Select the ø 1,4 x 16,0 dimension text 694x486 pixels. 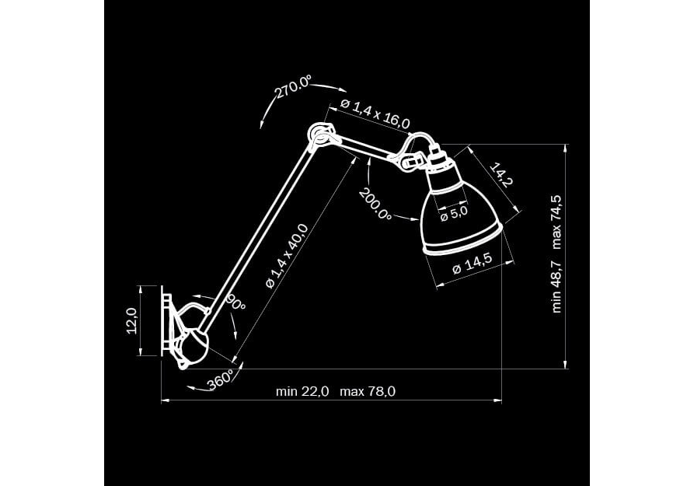coord(375,114)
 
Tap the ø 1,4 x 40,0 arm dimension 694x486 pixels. coord(287,256)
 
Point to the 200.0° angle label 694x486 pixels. coord(375,205)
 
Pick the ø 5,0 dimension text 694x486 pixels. coord(454,214)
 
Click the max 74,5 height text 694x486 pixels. coord(557,222)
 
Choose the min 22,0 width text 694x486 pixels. coord(302,392)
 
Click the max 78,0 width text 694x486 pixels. coord(368,392)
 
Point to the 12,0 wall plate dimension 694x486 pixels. coord(132,320)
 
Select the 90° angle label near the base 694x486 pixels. coord(236,303)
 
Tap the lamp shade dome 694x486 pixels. coord(460,217)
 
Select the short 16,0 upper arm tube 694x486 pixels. coord(367,148)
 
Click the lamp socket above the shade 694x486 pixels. coord(438,159)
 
